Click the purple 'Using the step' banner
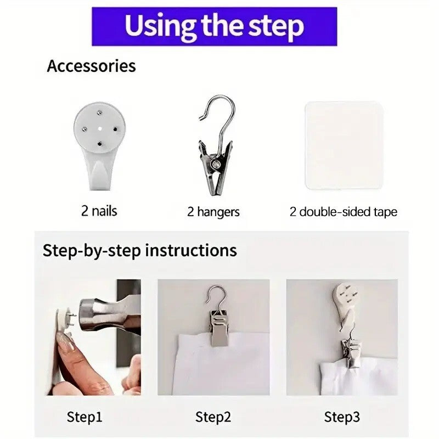click(214, 26)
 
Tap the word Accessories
click(91, 66)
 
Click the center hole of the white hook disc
click(100, 128)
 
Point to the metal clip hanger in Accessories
click(216, 145)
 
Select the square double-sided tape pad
click(344, 145)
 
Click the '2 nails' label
click(99, 211)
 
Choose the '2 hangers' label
click(213, 212)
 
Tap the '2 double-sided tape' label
click(344, 212)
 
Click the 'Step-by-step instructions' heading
click(140, 250)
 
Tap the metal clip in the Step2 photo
click(219, 327)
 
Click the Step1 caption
click(85, 417)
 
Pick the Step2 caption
click(213, 417)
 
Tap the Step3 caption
click(342, 417)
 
